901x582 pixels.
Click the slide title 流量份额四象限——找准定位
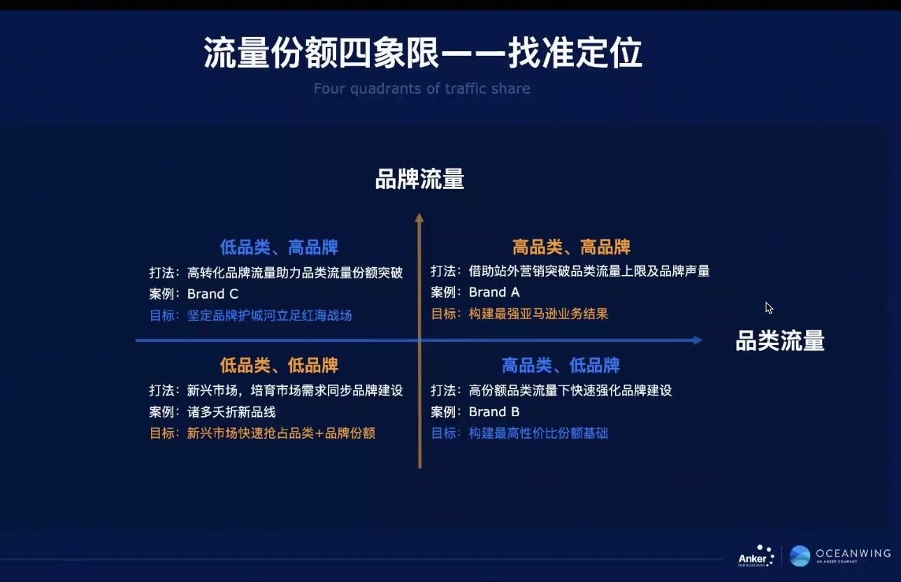point(422,53)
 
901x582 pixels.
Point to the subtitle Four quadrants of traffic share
point(421,89)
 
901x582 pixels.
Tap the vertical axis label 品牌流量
point(419,179)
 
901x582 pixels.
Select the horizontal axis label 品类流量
point(779,341)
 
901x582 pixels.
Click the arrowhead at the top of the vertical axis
point(419,218)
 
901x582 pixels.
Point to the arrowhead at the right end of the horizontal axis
point(697,341)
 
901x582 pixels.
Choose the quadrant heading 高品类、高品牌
point(571,247)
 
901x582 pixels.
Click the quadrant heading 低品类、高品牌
point(279,247)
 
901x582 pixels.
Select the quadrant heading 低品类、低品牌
point(279,365)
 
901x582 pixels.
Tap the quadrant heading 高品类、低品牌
point(561,365)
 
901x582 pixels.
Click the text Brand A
point(494,292)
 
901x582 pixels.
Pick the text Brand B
point(494,411)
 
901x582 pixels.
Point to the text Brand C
point(212,294)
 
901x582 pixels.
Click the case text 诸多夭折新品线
point(231,412)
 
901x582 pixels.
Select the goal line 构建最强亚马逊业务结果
point(538,314)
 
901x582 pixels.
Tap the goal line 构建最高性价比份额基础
point(538,433)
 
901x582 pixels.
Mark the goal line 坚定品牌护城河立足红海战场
point(269,315)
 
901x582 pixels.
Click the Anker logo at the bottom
point(756,556)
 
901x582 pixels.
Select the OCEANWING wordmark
point(853,553)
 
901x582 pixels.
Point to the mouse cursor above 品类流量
point(769,308)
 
